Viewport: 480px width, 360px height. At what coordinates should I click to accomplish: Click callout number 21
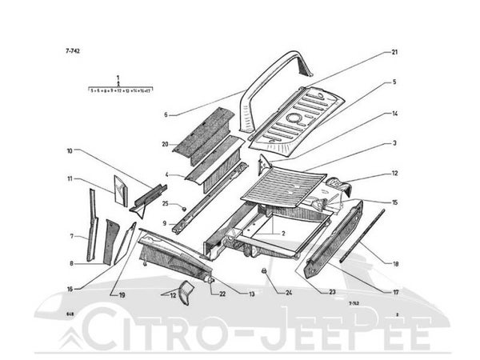click(x=394, y=53)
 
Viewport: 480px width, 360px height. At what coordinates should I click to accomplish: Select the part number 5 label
click(x=394, y=82)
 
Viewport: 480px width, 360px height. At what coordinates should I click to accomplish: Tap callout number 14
click(x=394, y=114)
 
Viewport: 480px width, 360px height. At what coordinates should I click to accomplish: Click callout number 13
click(x=251, y=294)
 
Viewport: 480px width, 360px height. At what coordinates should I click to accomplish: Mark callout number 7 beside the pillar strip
click(x=70, y=236)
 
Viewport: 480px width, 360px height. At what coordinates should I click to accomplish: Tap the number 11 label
click(x=70, y=178)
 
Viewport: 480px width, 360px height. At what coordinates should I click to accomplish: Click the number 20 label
click(x=165, y=144)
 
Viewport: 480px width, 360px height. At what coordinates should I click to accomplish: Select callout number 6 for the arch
click(x=166, y=115)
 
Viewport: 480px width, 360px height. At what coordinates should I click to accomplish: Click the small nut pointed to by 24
click(x=262, y=273)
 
